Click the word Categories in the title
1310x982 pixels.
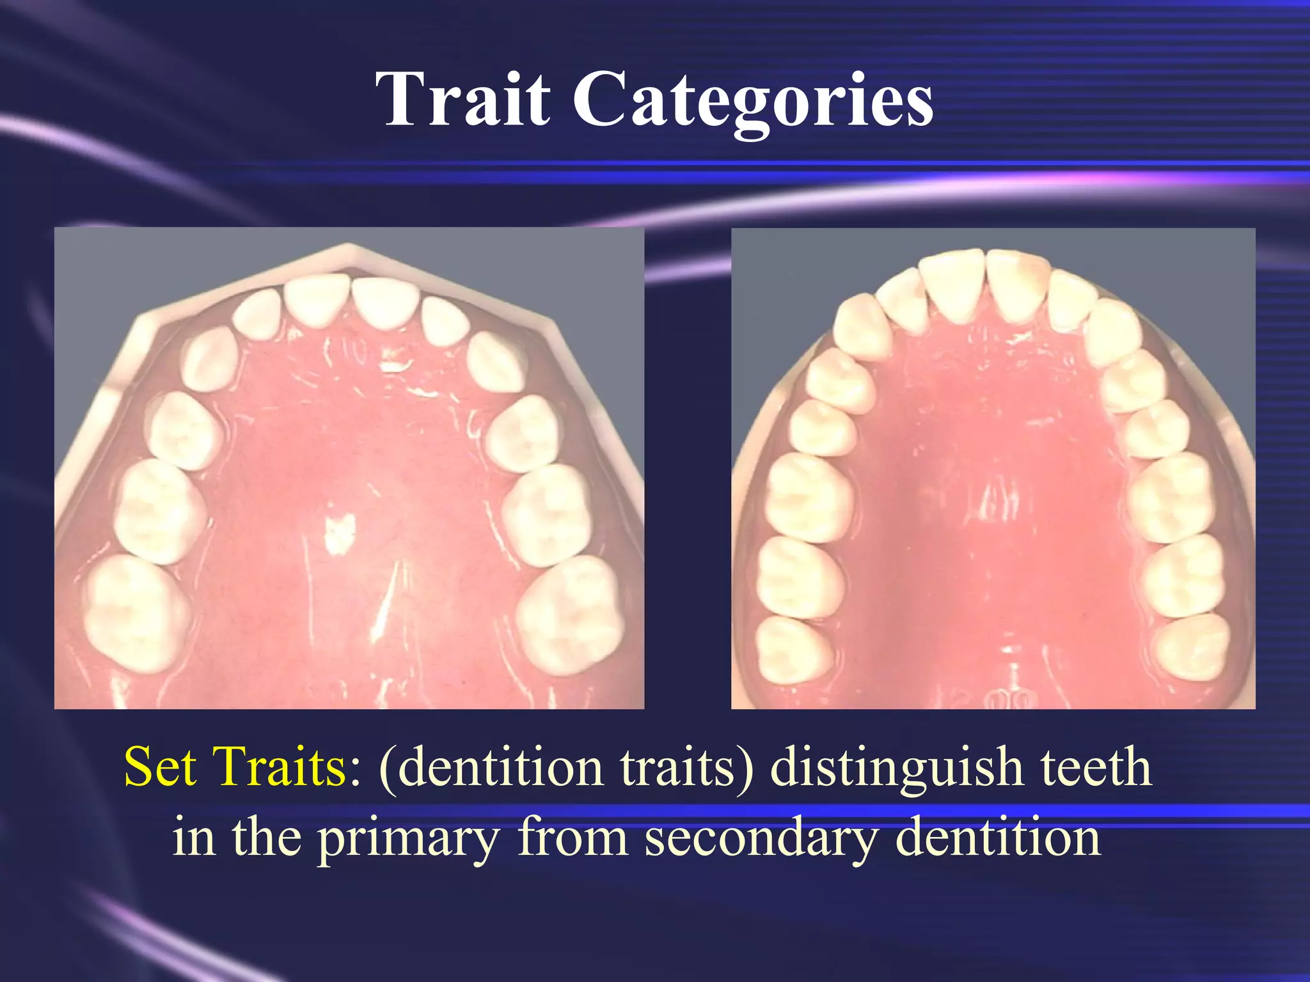click(x=752, y=102)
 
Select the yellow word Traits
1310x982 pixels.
click(x=281, y=767)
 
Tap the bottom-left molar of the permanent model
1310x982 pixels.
click(x=793, y=649)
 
